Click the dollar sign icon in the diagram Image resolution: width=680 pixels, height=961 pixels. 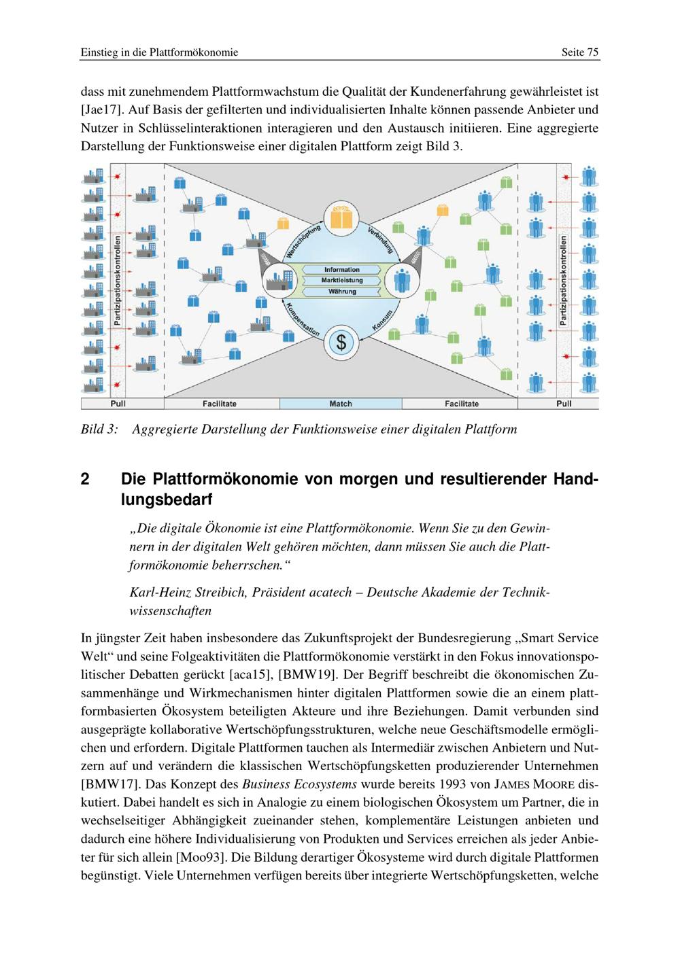point(341,342)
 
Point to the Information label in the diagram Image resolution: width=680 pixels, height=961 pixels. point(342,270)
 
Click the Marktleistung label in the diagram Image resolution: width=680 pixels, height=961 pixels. point(342,280)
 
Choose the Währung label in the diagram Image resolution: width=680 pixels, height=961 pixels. point(342,291)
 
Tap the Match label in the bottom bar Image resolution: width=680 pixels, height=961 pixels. point(341,404)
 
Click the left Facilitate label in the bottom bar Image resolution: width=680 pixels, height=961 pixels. point(219,404)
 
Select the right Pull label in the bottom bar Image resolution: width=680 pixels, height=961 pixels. point(564,404)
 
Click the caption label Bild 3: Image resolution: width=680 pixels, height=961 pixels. point(99,430)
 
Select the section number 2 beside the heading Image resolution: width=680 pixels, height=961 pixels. point(85,479)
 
